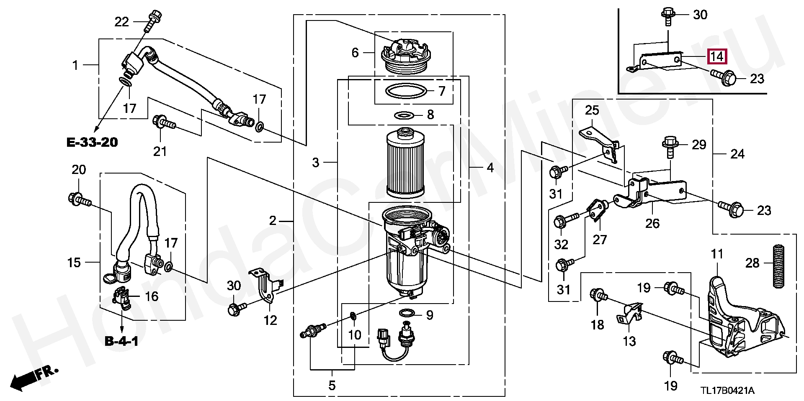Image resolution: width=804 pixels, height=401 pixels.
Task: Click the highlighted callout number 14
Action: coord(717,56)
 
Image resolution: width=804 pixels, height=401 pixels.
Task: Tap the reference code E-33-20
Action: coord(92,142)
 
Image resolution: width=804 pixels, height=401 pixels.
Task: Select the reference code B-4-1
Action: coord(121,341)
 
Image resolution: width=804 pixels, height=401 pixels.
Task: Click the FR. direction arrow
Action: coord(33,378)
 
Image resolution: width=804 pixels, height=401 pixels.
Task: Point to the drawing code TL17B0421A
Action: coord(728,391)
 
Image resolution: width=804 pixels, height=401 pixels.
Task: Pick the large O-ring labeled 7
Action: coord(406,91)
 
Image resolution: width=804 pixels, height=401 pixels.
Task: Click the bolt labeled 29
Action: coord(670,147)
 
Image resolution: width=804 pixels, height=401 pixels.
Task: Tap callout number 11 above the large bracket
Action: coord(717,254)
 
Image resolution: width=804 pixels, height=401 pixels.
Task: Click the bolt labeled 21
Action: coord(164,122)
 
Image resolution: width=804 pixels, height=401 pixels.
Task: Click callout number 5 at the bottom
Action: coord(332,385)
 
